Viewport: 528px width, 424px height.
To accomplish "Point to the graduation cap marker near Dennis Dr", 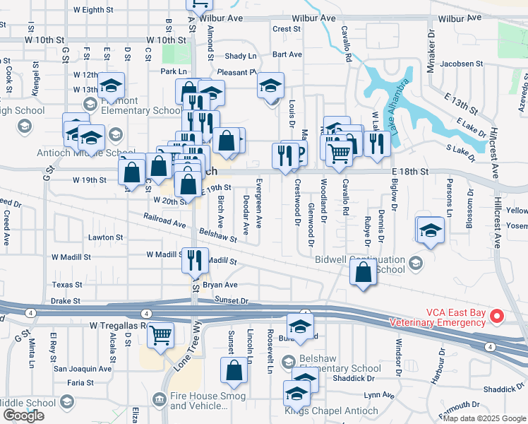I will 428,230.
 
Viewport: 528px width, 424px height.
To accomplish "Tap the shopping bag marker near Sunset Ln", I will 234,370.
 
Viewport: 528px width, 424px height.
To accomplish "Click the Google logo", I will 23,415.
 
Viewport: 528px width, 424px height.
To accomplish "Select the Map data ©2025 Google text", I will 484,418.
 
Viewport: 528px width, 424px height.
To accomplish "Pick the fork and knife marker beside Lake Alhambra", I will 377,143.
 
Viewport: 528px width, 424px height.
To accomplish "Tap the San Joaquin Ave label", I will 83,368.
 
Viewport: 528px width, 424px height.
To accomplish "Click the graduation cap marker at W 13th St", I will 112,86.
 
